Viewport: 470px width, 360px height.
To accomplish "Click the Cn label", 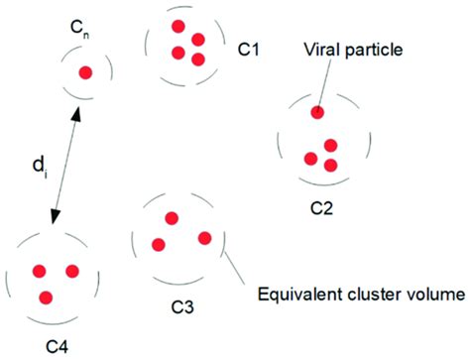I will click(84, 34).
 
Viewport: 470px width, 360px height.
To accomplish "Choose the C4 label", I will click(59, 346).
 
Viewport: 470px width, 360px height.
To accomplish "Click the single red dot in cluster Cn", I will click(86, 71).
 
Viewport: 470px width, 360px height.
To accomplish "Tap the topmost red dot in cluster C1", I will click(178, 25).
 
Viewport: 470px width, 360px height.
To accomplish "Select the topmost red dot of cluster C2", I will click(317, 112).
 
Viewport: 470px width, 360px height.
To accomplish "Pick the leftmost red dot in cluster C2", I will click(310, 159).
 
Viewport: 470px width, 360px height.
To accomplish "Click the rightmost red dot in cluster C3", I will click(205, 238).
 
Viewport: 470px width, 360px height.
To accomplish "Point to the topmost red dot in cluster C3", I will click(172, 218).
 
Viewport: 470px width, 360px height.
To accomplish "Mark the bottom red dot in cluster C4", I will click(46, 297).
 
